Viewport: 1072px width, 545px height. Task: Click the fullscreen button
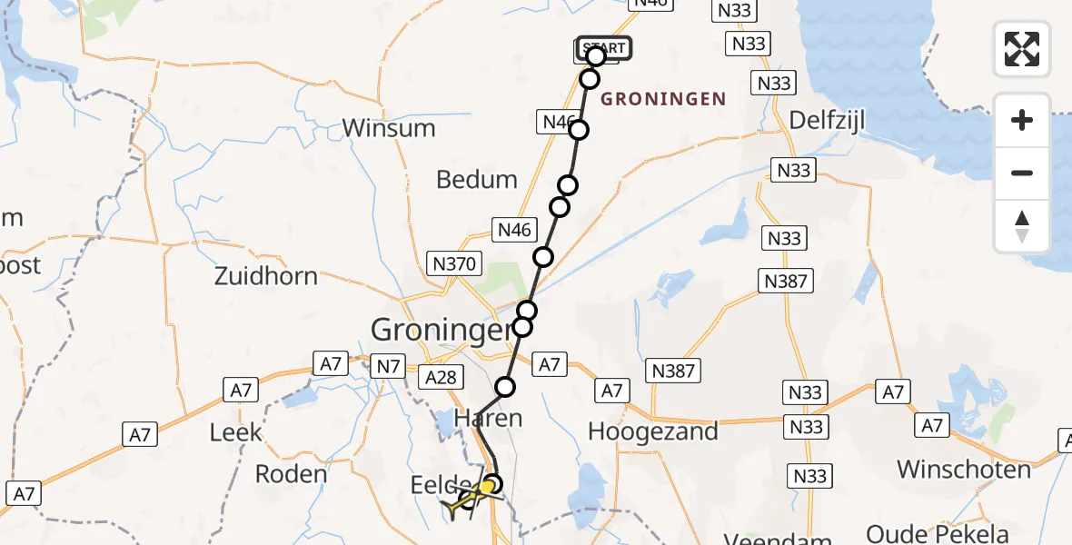pos(1022,49)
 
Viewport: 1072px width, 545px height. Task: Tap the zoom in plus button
pos(1022,120)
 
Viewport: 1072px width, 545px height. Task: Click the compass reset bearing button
pos(1022,226)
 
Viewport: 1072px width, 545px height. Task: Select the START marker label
pos(603,48)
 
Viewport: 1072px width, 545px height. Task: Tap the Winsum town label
pos(389,128)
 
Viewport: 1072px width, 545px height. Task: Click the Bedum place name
pos(477,180)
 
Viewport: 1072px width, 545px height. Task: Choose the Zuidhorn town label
pos(266,276)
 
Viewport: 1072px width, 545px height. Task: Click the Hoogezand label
pos(653,431)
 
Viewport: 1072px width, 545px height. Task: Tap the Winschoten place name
pos(964,470)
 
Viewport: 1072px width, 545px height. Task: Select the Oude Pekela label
pos(938,533)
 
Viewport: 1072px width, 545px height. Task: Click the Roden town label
pos(292,473)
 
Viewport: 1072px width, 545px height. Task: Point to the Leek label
pos(236,432)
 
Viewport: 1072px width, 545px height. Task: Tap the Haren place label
pos(489,418)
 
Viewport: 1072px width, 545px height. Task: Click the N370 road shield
pos(452,264)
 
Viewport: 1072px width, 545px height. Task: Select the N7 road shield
pos(389,366)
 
